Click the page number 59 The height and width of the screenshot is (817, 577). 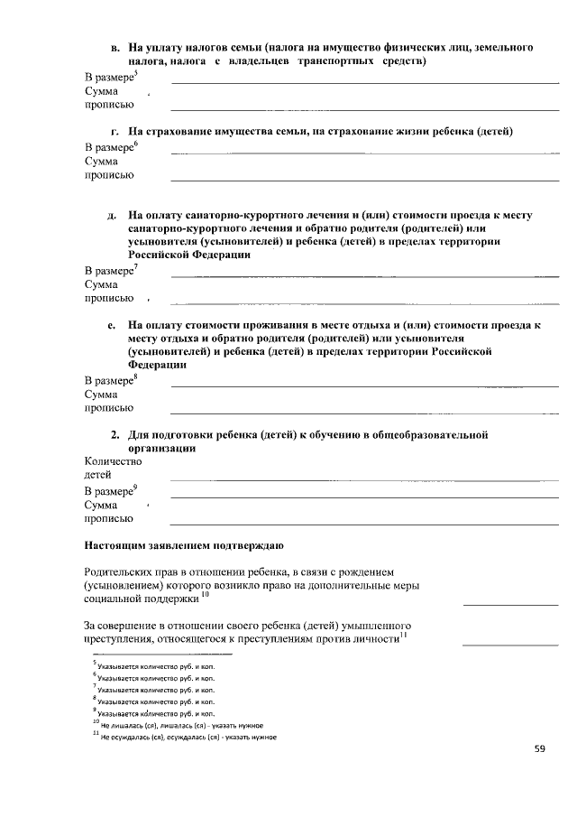point(540,747)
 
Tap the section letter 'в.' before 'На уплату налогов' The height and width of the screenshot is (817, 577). point(115,46)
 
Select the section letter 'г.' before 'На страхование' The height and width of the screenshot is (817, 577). point(115,132)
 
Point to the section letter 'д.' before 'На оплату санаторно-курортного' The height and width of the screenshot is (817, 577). point(113,216)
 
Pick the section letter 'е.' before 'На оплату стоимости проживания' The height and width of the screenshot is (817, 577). point(113,324)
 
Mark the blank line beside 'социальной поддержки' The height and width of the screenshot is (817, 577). point(510,603)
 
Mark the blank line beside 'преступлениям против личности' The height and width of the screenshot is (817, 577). point(510,645)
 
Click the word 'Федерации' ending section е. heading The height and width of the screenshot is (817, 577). point(157,366)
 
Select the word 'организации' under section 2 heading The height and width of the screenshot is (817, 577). point(162,448)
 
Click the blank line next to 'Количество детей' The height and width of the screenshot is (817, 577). point(364,479)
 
